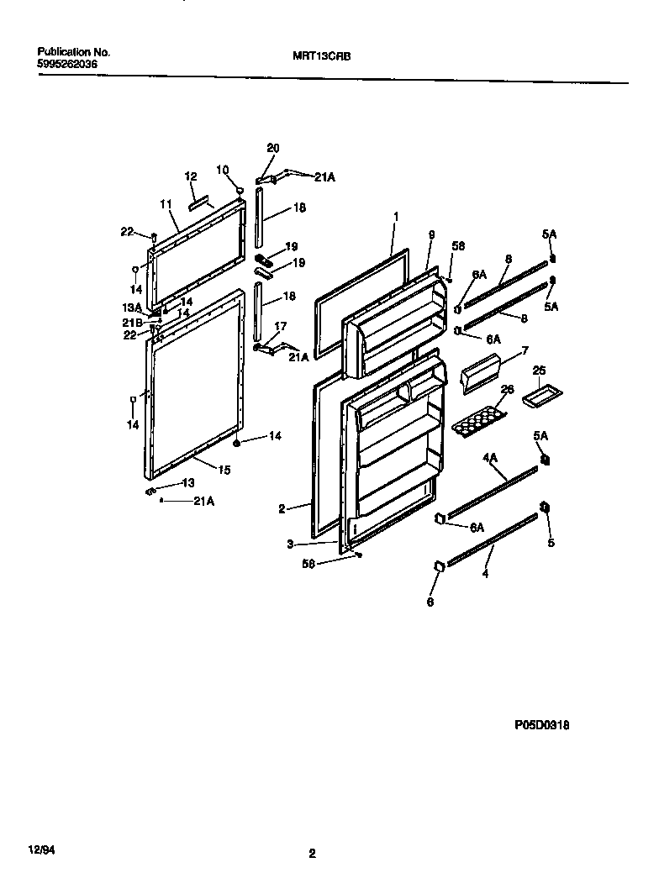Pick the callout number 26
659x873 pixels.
pos(506,389)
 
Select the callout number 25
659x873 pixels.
pos(539,370)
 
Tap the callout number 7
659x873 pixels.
pos(525,350)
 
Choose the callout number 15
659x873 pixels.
pos(224,470)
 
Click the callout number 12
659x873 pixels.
pos(191,176)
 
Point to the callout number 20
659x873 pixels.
pos(272,148)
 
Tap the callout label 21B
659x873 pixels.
pos(134,323)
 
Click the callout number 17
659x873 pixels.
pos(280,326)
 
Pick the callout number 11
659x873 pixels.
pos(165,203)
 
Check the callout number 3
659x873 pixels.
pos(289,544)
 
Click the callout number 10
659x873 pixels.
pos(222,169)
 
